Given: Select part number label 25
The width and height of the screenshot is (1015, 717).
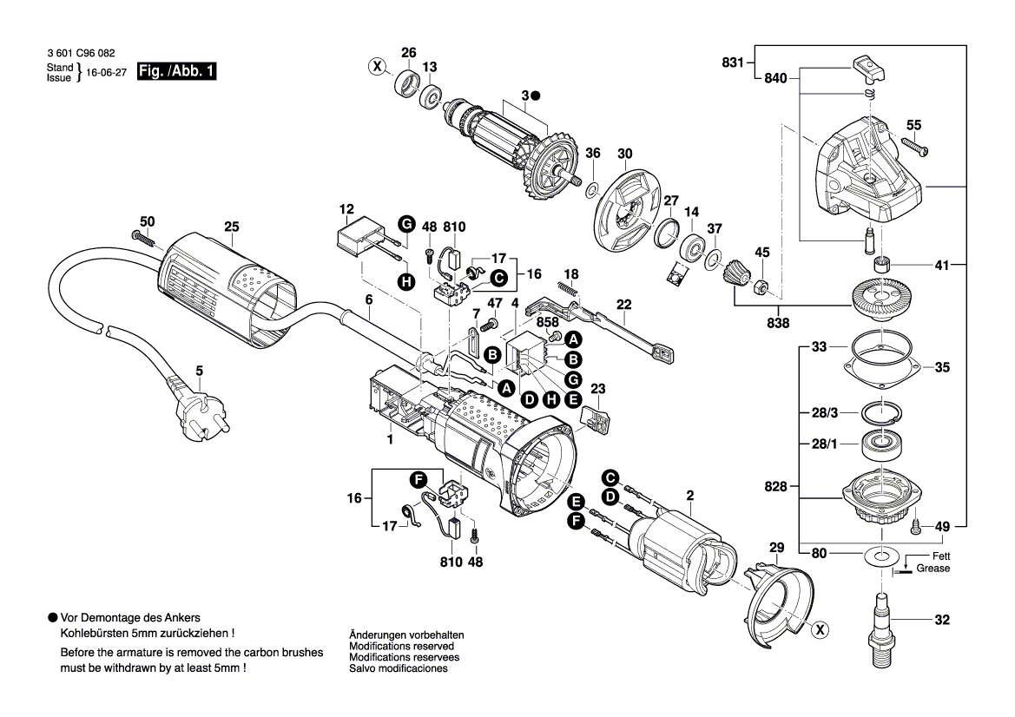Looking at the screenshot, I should pyautogui.click(x=230, y=227).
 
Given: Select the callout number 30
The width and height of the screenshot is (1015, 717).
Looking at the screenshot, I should pyautogui.click(x=624, y=154).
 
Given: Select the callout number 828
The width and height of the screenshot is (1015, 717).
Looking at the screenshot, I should pyautogui.click(x=775, y=487).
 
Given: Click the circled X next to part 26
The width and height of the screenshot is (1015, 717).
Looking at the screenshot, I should pyautogui.click(x=376, y=67).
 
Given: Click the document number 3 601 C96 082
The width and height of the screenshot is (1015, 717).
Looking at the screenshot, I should pyautogui.click(x=81, y=51).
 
